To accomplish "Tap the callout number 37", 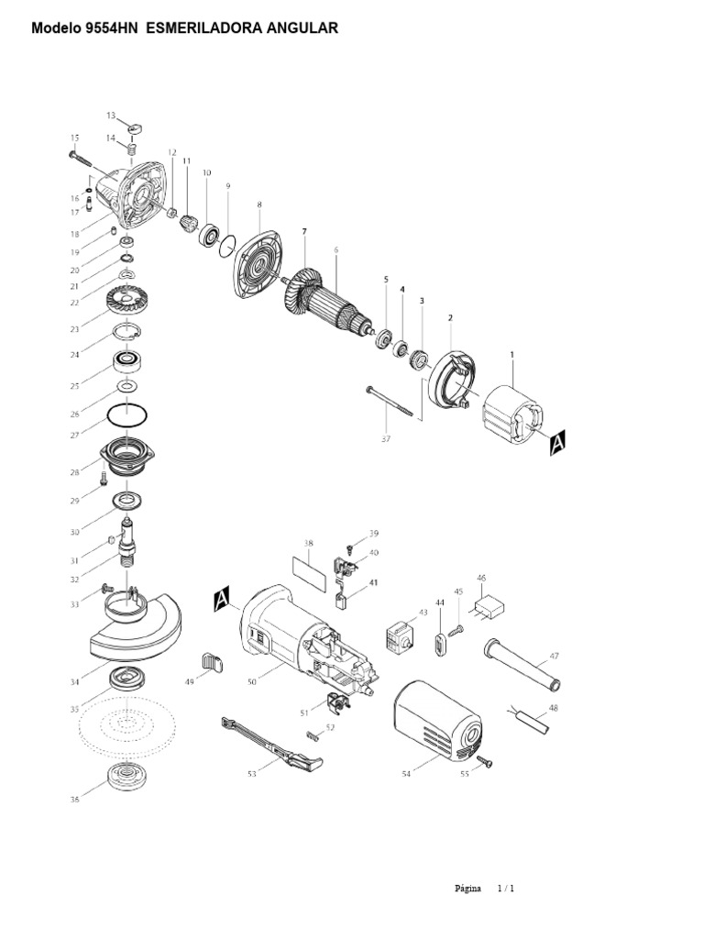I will pos(385,438).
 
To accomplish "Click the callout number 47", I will pos(554,657).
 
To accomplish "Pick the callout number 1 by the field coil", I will pos(511,353).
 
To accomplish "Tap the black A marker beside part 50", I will pos(221,600).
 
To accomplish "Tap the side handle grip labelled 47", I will pos(522,664).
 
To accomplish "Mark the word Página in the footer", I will pos(467,889).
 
